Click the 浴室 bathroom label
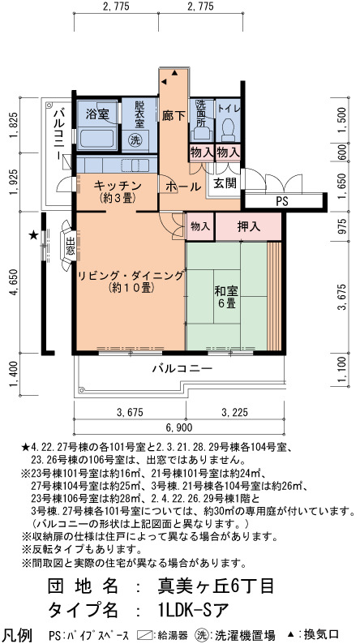point(96,115)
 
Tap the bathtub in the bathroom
point(97,140)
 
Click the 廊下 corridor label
point(174,116)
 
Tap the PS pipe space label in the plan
point(282,202)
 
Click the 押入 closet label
point(249,226)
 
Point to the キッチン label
point(118,185)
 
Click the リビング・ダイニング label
point(131,276)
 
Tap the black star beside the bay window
point(33,235)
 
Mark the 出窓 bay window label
point(70,247)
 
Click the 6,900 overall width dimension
point(179,428)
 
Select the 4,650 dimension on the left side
point(15,282)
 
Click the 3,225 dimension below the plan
point(235,412)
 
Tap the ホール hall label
point(183,187)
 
